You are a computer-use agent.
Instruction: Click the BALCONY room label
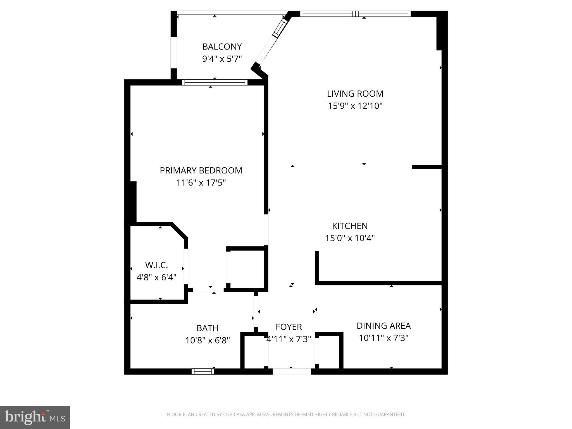tap(222, 46)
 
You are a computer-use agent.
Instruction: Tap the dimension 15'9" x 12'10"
tap(355, 106)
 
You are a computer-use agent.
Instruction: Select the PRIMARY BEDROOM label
tap(201, 170)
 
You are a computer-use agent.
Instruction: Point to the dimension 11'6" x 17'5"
tap(201, 183)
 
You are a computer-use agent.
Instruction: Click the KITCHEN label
tap(350, 226)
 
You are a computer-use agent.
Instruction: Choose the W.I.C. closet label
tap(156, 265)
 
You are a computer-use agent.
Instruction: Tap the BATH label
tap(208, 328)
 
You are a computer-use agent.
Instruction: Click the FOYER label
tap(289, 327)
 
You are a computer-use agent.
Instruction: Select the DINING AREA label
tap(383, 326)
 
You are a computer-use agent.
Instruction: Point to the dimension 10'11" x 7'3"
tap(383, 338)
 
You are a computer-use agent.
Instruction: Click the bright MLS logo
tap(35, 417)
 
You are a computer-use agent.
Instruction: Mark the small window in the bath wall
tap(203, 371)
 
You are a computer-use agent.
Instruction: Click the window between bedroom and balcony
tap(214, 82)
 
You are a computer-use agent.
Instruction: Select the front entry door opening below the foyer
tap(292, 371)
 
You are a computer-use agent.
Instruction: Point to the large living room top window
tap(355, 14)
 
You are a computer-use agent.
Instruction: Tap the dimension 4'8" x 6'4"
tap(156, 277)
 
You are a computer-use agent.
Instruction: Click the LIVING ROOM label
tap(355, 94)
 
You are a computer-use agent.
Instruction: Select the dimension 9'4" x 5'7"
tap(222, 59)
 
